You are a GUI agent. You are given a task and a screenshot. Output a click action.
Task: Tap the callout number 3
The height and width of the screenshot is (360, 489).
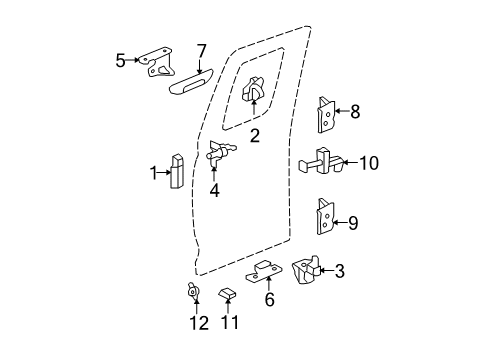point(339,269)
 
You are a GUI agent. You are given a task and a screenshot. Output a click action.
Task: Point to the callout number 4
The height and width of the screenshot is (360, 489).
point(214,189)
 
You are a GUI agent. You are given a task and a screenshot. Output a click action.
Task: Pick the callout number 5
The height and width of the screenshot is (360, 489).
point(121,59)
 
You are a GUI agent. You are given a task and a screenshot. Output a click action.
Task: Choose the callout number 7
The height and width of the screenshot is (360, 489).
point(201,51)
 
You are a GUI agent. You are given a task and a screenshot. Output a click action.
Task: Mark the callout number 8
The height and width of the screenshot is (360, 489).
point(353,113)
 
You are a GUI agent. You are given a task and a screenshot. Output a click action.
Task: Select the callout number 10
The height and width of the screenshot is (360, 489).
point(369,162)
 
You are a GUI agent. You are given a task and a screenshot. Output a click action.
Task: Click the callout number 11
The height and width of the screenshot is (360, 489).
point(230,323)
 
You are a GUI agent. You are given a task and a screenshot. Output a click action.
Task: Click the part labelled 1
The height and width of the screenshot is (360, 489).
point(177,171)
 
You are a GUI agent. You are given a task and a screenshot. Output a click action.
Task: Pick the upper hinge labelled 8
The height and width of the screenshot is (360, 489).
point(325,114)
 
